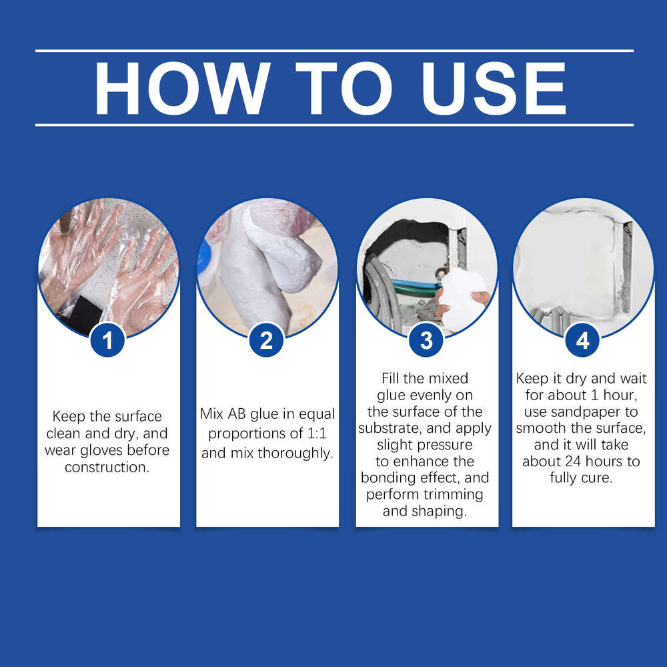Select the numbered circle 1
click(107, 341)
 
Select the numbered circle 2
click(267, 341)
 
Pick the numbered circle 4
click(583, 341)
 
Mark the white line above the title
click(333, 51)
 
